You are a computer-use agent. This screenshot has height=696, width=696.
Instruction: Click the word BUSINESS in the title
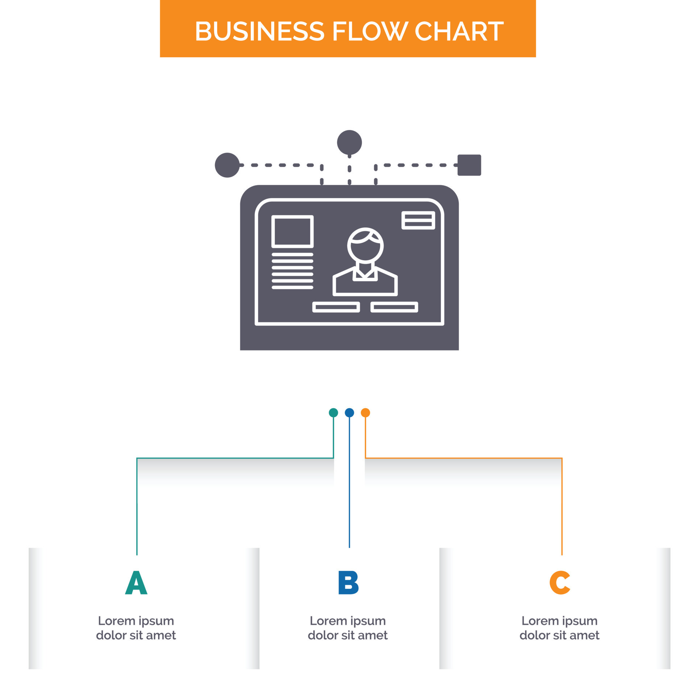click(260, 31)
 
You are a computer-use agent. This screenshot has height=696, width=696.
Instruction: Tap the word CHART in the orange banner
click(459, 31)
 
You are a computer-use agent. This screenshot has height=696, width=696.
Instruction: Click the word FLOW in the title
click(369, 31)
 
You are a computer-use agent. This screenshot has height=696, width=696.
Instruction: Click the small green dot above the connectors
click(333, 413)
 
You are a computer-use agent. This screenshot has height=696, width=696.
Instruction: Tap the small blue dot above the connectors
click(349, 413)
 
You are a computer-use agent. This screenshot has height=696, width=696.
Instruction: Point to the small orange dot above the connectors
click(365, 413)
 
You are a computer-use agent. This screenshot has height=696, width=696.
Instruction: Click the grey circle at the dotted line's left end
click(227, 165)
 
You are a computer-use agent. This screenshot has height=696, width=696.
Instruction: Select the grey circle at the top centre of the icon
click(349, 142)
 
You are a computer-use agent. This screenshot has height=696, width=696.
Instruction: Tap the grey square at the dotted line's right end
click(469, 165)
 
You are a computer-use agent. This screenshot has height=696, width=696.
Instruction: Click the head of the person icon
click(365, 245)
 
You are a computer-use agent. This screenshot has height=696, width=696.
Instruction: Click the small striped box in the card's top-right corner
click(418, 220)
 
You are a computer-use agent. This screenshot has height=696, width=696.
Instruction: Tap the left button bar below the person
click(336, 307)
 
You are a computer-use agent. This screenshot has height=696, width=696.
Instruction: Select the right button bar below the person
click(394, 307)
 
